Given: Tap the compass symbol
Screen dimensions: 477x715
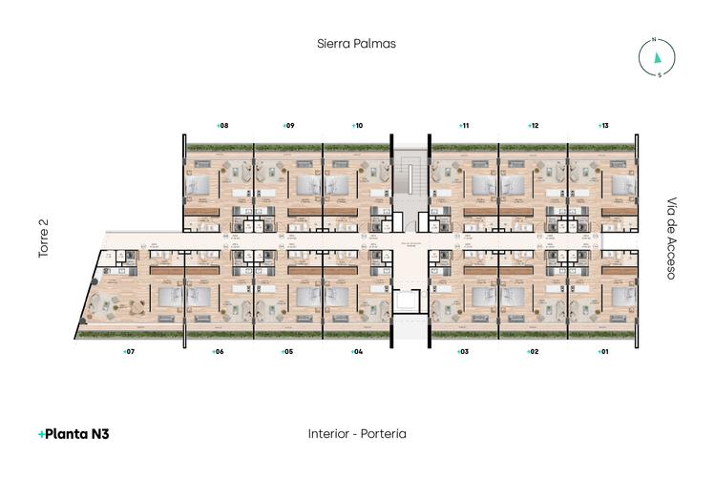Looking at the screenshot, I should (657, 58).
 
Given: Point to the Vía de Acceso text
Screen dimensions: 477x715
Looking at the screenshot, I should (671, 238).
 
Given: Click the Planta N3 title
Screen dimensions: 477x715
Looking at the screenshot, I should (74, 433).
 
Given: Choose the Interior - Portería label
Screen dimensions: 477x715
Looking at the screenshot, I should (357, 433).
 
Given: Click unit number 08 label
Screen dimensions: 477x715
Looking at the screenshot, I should (221, 125).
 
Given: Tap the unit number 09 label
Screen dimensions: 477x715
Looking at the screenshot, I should (287, 125).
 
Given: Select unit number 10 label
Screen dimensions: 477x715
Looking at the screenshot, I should (357, 125).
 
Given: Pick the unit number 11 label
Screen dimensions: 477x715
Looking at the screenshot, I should (462, 125).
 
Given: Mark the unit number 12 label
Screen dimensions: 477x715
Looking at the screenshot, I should (533, 125).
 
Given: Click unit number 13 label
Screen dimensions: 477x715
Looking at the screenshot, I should (602, 125).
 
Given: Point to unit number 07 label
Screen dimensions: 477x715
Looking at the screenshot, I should (129, 352).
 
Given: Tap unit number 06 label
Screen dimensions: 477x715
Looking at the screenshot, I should (218, 352).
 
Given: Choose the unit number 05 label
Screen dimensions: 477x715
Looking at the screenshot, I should (286, 352).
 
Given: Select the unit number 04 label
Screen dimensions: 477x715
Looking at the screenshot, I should (356, 352).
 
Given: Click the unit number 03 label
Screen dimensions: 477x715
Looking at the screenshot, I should (462, 352).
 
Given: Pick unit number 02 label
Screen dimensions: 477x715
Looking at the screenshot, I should (533, 352).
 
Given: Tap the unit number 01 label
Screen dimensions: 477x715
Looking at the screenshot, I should (601, 352).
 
